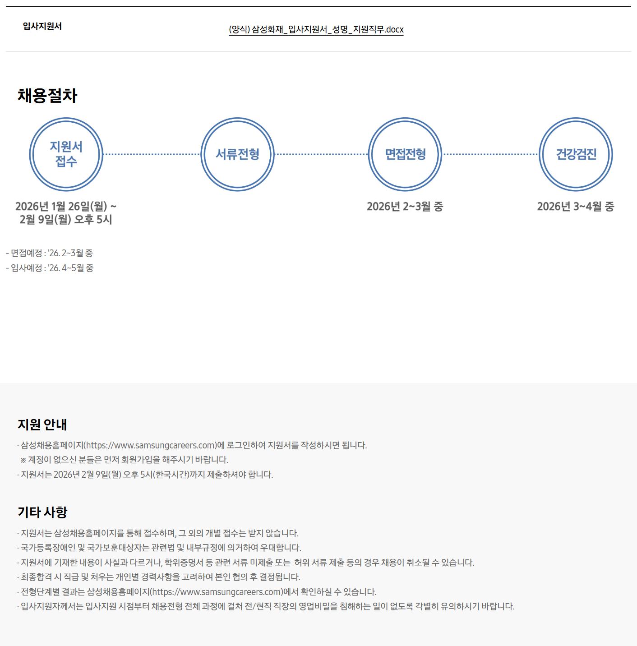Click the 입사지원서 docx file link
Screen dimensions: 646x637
(x=316, y=30)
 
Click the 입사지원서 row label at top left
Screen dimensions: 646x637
(x=42, y=26)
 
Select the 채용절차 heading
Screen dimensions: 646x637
(x=47, y=96)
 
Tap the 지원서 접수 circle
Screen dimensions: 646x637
(x=66, y=154)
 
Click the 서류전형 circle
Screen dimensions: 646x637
(x=238, y=154)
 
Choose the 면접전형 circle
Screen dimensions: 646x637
(x=405, y=154)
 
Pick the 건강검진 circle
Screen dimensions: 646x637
(x=576, y=154)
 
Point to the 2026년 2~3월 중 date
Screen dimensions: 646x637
(x=405, y=207)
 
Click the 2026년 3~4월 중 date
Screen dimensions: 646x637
(x=576, y=207)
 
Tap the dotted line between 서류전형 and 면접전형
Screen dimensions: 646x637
(x=321, y=154)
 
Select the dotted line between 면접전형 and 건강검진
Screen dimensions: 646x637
(x=490, y=154)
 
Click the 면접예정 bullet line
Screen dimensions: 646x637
(x=50, y=253)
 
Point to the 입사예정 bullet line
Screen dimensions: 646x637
(x=50, y=268)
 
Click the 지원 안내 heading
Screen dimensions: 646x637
(x=42, y=425)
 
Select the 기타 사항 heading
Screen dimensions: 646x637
(x=42, y=512)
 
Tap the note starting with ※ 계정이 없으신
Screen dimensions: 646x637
(x=124, y=460)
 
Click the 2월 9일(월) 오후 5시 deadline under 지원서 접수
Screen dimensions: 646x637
(x=66, y=220)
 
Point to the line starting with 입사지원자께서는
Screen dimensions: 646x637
(x=266, y=606)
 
